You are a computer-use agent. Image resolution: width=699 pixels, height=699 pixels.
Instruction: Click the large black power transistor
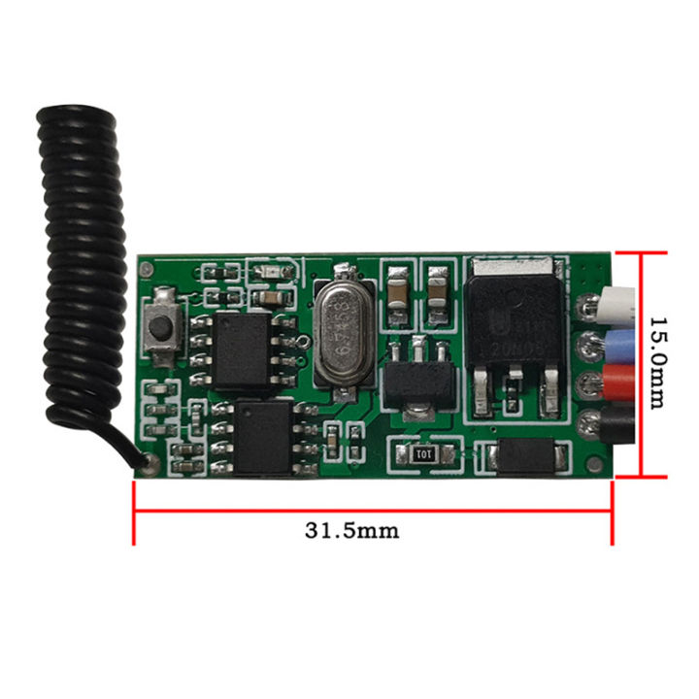click(514, 331)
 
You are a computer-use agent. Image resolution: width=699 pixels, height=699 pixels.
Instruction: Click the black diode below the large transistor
click(526, 454)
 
